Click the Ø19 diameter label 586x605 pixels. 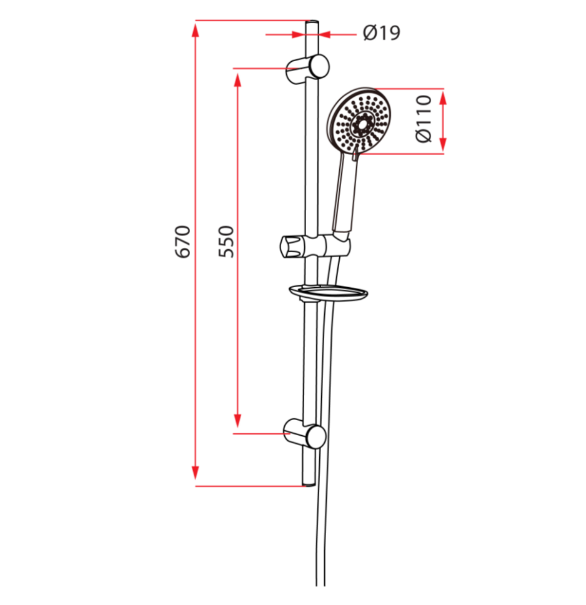381,32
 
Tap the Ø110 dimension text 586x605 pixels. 424,119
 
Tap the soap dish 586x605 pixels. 327,292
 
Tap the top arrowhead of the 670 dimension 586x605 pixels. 196,28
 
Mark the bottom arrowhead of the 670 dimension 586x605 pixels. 196,477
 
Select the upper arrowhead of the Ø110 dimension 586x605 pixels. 443,96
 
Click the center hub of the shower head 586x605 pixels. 361,123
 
